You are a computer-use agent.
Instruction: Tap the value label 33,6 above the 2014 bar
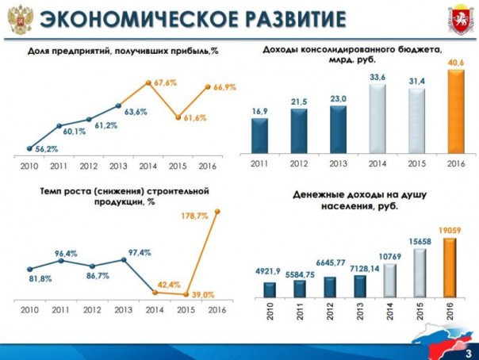377,77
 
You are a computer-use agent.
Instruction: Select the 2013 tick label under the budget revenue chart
337,163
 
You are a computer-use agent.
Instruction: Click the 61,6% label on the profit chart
191,117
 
